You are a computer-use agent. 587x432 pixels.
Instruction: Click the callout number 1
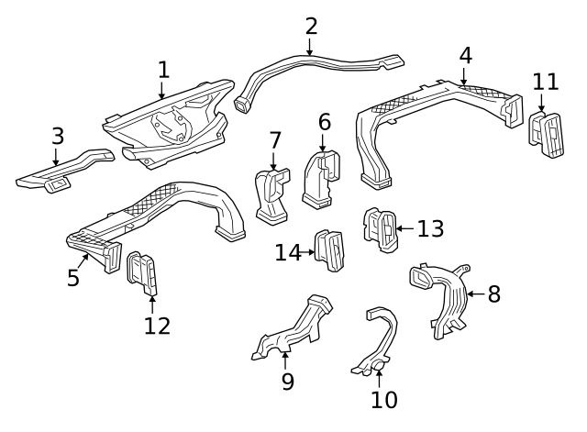click(x=163, y=69)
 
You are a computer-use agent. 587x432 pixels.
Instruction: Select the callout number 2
click(x=311, y=26)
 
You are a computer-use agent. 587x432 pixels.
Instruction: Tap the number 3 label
click(x=57, y=136)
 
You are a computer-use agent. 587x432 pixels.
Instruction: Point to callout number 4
click(x=465, y=55)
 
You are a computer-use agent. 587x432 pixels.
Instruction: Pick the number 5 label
click(x=73, y=277)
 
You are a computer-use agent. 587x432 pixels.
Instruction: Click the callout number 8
click(x=494, y=294)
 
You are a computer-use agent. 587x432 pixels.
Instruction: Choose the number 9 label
click(x=287, y=381)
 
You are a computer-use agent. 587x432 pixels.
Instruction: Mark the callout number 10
click(x=384, y=399)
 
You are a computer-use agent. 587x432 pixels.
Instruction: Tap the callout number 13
click(x=430, y=228)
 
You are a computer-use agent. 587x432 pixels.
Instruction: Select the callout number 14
click(x=288, y=251)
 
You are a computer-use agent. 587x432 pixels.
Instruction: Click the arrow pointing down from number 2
click(x=311, y=47)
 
